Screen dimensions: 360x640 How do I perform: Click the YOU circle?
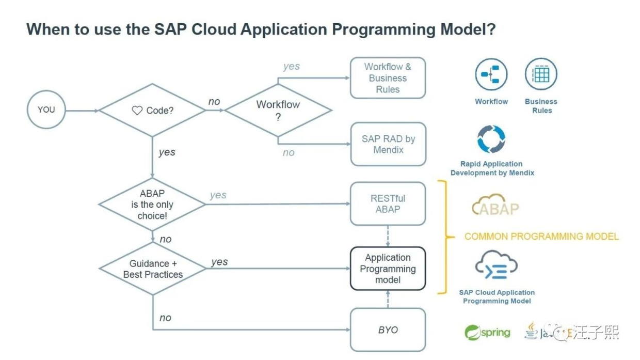click(x=46, y=109)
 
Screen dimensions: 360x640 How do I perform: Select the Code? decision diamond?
click(x=152, y=111)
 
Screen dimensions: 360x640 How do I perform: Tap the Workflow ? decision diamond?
click(x=278, y=111)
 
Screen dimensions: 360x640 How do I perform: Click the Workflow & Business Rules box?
click(x=388, y=78)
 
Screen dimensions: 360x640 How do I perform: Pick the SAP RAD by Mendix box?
click(x=388, y=144)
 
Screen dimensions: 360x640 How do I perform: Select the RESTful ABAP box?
click(x=388, y=204)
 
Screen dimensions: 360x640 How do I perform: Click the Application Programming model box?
click(x=388, y=269)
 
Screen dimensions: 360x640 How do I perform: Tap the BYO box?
click(x=388, y=330)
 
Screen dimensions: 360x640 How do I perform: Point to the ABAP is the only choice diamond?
click(x=152, y=204)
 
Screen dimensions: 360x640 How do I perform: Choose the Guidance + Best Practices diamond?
click(x=152, y=269)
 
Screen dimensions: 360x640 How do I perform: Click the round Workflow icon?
click(x=491, y=75)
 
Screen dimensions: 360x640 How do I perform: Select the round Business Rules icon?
click(x=541, y=75)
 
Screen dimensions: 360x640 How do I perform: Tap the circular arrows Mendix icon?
click(x=491, y=139)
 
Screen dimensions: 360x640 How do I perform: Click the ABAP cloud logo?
click(x=495, y=205)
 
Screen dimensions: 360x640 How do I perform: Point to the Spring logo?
click(x=487, y=332)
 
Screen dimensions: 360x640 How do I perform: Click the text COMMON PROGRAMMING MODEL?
click(x=541, y=237)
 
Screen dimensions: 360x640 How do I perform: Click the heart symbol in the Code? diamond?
click(x=137, y=111)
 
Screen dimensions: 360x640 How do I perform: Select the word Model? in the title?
click(x=466, y=29)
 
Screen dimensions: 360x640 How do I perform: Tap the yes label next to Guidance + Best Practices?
click(x=219, y=262)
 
